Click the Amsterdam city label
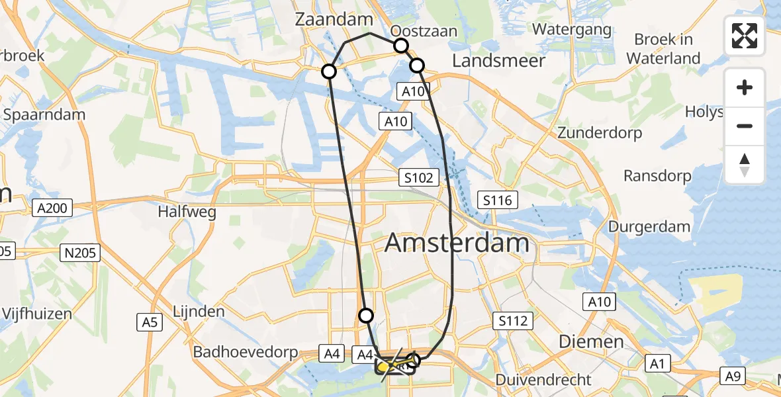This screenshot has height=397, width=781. coord(457,243)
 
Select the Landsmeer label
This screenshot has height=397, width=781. coord(498,61)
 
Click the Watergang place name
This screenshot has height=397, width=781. coord(572,30)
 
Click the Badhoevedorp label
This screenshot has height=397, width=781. coord(246,352)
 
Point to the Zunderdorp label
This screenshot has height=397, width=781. coord(600,133)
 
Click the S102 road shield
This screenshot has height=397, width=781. coord(420,177)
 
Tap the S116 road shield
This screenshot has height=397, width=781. coord(498,199)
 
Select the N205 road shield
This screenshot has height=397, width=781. coord(81,252)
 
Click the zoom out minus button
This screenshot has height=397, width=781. coord(745,126)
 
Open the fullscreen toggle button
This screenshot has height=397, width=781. coord(745,36)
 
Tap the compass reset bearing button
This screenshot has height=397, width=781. coord(745,165)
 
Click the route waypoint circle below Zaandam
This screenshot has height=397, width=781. coord(329,71)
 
